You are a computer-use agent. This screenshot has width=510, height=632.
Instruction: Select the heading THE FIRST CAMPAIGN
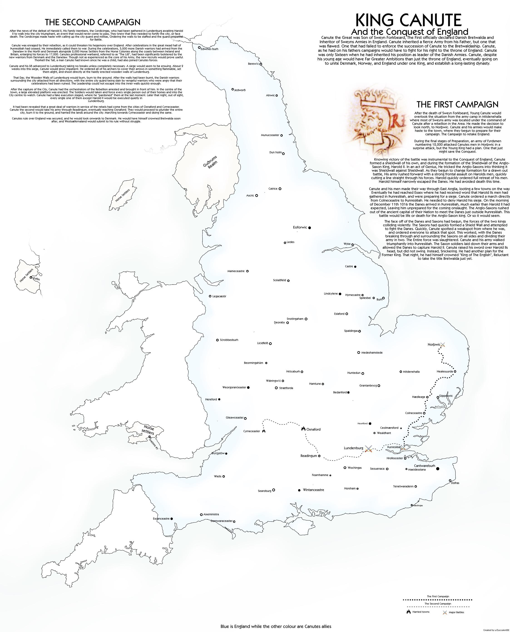[x=457, y=105]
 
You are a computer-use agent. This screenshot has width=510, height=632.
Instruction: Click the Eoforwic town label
[x=300, y=227]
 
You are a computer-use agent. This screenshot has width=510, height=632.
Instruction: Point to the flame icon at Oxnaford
[x=303, y=429]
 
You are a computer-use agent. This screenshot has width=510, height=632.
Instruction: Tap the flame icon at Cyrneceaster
[x=264, y=431]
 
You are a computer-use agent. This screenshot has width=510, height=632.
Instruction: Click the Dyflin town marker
[x=31, y=277]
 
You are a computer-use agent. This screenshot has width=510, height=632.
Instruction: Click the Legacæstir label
[x=219, y=296]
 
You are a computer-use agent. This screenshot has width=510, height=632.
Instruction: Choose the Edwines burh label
[x=209, y=49]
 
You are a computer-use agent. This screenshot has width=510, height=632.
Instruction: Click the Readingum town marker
[x=319, y=456]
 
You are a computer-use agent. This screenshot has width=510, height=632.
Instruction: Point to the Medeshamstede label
[x=372, y=353]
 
